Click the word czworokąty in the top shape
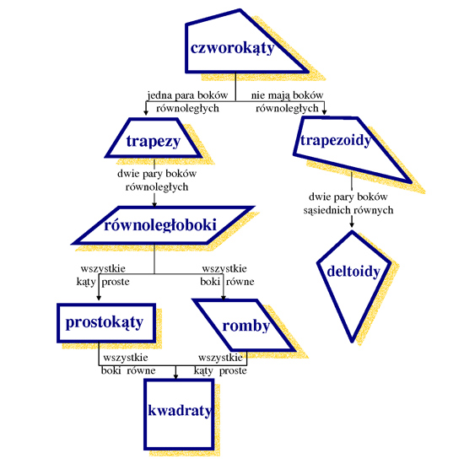(x=232, y=48)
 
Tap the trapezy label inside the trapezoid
(x=154, y=142)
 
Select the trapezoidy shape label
(x=336, y=140)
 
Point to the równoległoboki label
(x=160, y=225)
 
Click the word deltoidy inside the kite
(x=353, y=272)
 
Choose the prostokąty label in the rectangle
(x=105, y=322)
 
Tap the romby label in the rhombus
(x=245, y=326)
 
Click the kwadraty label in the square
(x=180, y=411)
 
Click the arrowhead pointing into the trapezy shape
(x=146, y=112)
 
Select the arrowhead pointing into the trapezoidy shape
(x=324, y=112)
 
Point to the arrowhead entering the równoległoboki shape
(x=154, y=204)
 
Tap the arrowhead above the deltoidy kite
(x=352, y=224)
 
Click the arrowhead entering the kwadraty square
(x=175, y=376)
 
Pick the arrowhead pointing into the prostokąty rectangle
(x=99, y=298)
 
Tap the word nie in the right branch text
(x=256, y=95)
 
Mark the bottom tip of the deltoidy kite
(x=352, y=343)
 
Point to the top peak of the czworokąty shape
(x=240, y=10)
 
